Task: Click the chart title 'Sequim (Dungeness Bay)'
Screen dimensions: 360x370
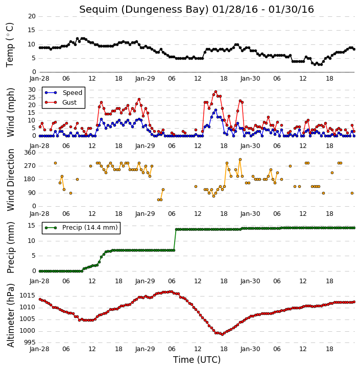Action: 144,10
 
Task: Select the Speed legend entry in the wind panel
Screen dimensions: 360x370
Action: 63,93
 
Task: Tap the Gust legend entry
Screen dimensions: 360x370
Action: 61,103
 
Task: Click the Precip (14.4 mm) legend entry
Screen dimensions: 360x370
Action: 81,228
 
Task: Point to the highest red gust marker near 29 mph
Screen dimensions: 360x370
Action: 215,92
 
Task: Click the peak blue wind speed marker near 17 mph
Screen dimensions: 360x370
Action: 215,110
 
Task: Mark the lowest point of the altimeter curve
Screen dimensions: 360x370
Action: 222,334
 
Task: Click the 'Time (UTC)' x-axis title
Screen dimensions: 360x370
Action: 197,360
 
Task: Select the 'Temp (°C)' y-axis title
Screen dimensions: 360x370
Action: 10,45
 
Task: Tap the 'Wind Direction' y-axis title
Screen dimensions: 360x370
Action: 11,180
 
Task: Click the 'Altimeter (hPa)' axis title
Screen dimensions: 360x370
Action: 11,315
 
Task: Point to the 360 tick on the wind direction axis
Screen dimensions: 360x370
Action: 30,153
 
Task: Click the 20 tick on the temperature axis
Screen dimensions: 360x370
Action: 32,16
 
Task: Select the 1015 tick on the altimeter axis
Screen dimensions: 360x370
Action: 28,295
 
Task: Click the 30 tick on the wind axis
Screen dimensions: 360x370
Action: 32,90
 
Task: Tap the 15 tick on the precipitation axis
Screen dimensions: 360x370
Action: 32,226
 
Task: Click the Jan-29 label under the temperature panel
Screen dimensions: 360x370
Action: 145,79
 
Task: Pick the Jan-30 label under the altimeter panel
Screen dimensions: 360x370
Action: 250,349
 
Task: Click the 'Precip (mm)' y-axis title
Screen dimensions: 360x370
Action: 11,248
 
